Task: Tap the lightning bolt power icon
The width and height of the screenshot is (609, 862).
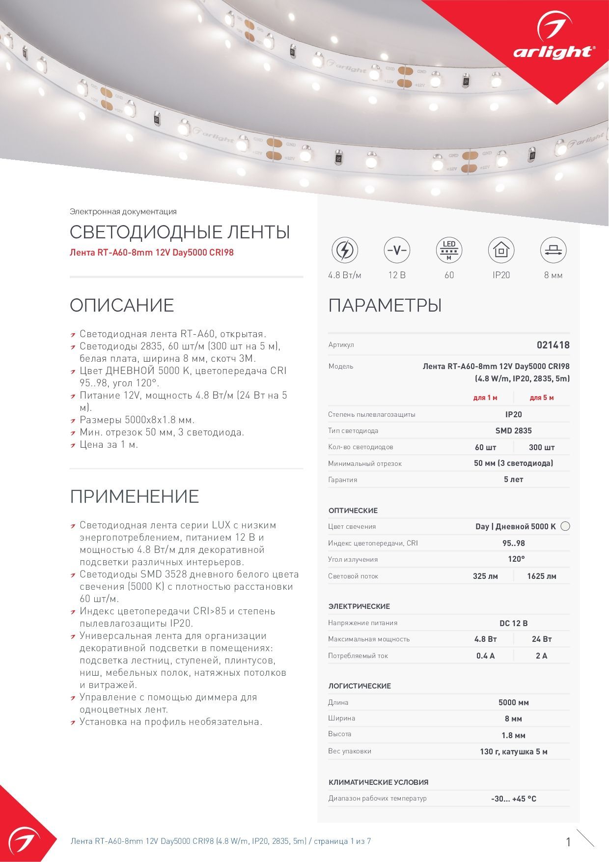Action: [345, 250]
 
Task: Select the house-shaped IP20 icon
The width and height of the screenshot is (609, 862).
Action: [501, 250]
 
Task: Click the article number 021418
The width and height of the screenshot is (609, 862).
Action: [553, 345]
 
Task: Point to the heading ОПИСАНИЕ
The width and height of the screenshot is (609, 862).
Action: [122, 305]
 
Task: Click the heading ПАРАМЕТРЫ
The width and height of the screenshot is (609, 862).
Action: [385, 305]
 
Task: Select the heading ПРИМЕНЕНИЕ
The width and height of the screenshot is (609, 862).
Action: [134, 496]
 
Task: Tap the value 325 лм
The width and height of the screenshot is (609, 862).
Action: [485, 576]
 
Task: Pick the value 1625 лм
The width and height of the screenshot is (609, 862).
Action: [542, 576]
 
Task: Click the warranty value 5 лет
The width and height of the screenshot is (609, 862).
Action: [514, 479]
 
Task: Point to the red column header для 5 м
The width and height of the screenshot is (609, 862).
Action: [542, 398]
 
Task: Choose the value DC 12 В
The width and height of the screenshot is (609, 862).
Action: [514, 623]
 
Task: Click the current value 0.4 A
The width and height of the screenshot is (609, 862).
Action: [485, 656]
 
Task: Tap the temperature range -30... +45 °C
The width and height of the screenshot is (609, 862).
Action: [514, 799]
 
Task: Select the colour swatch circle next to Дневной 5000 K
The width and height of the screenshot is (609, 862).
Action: [565, 526]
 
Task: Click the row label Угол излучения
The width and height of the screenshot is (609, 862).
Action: [353, 559]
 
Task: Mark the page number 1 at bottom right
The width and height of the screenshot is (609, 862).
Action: [569, 842]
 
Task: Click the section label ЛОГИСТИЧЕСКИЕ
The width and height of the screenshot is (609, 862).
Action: [360, 686]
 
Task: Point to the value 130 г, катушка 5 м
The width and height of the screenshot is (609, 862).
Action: [514, 751]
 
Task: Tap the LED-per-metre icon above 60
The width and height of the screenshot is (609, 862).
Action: [449, 250]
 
